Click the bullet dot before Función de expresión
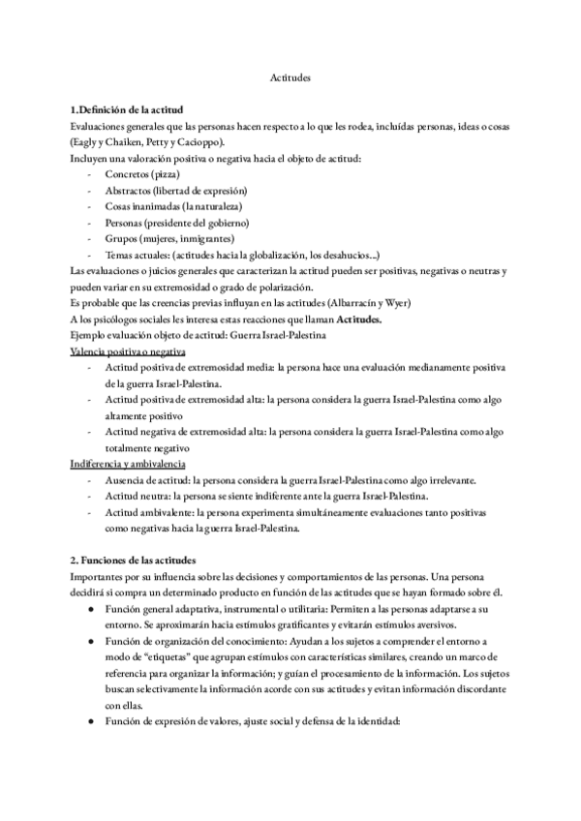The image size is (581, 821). click(x=90, y=712)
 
